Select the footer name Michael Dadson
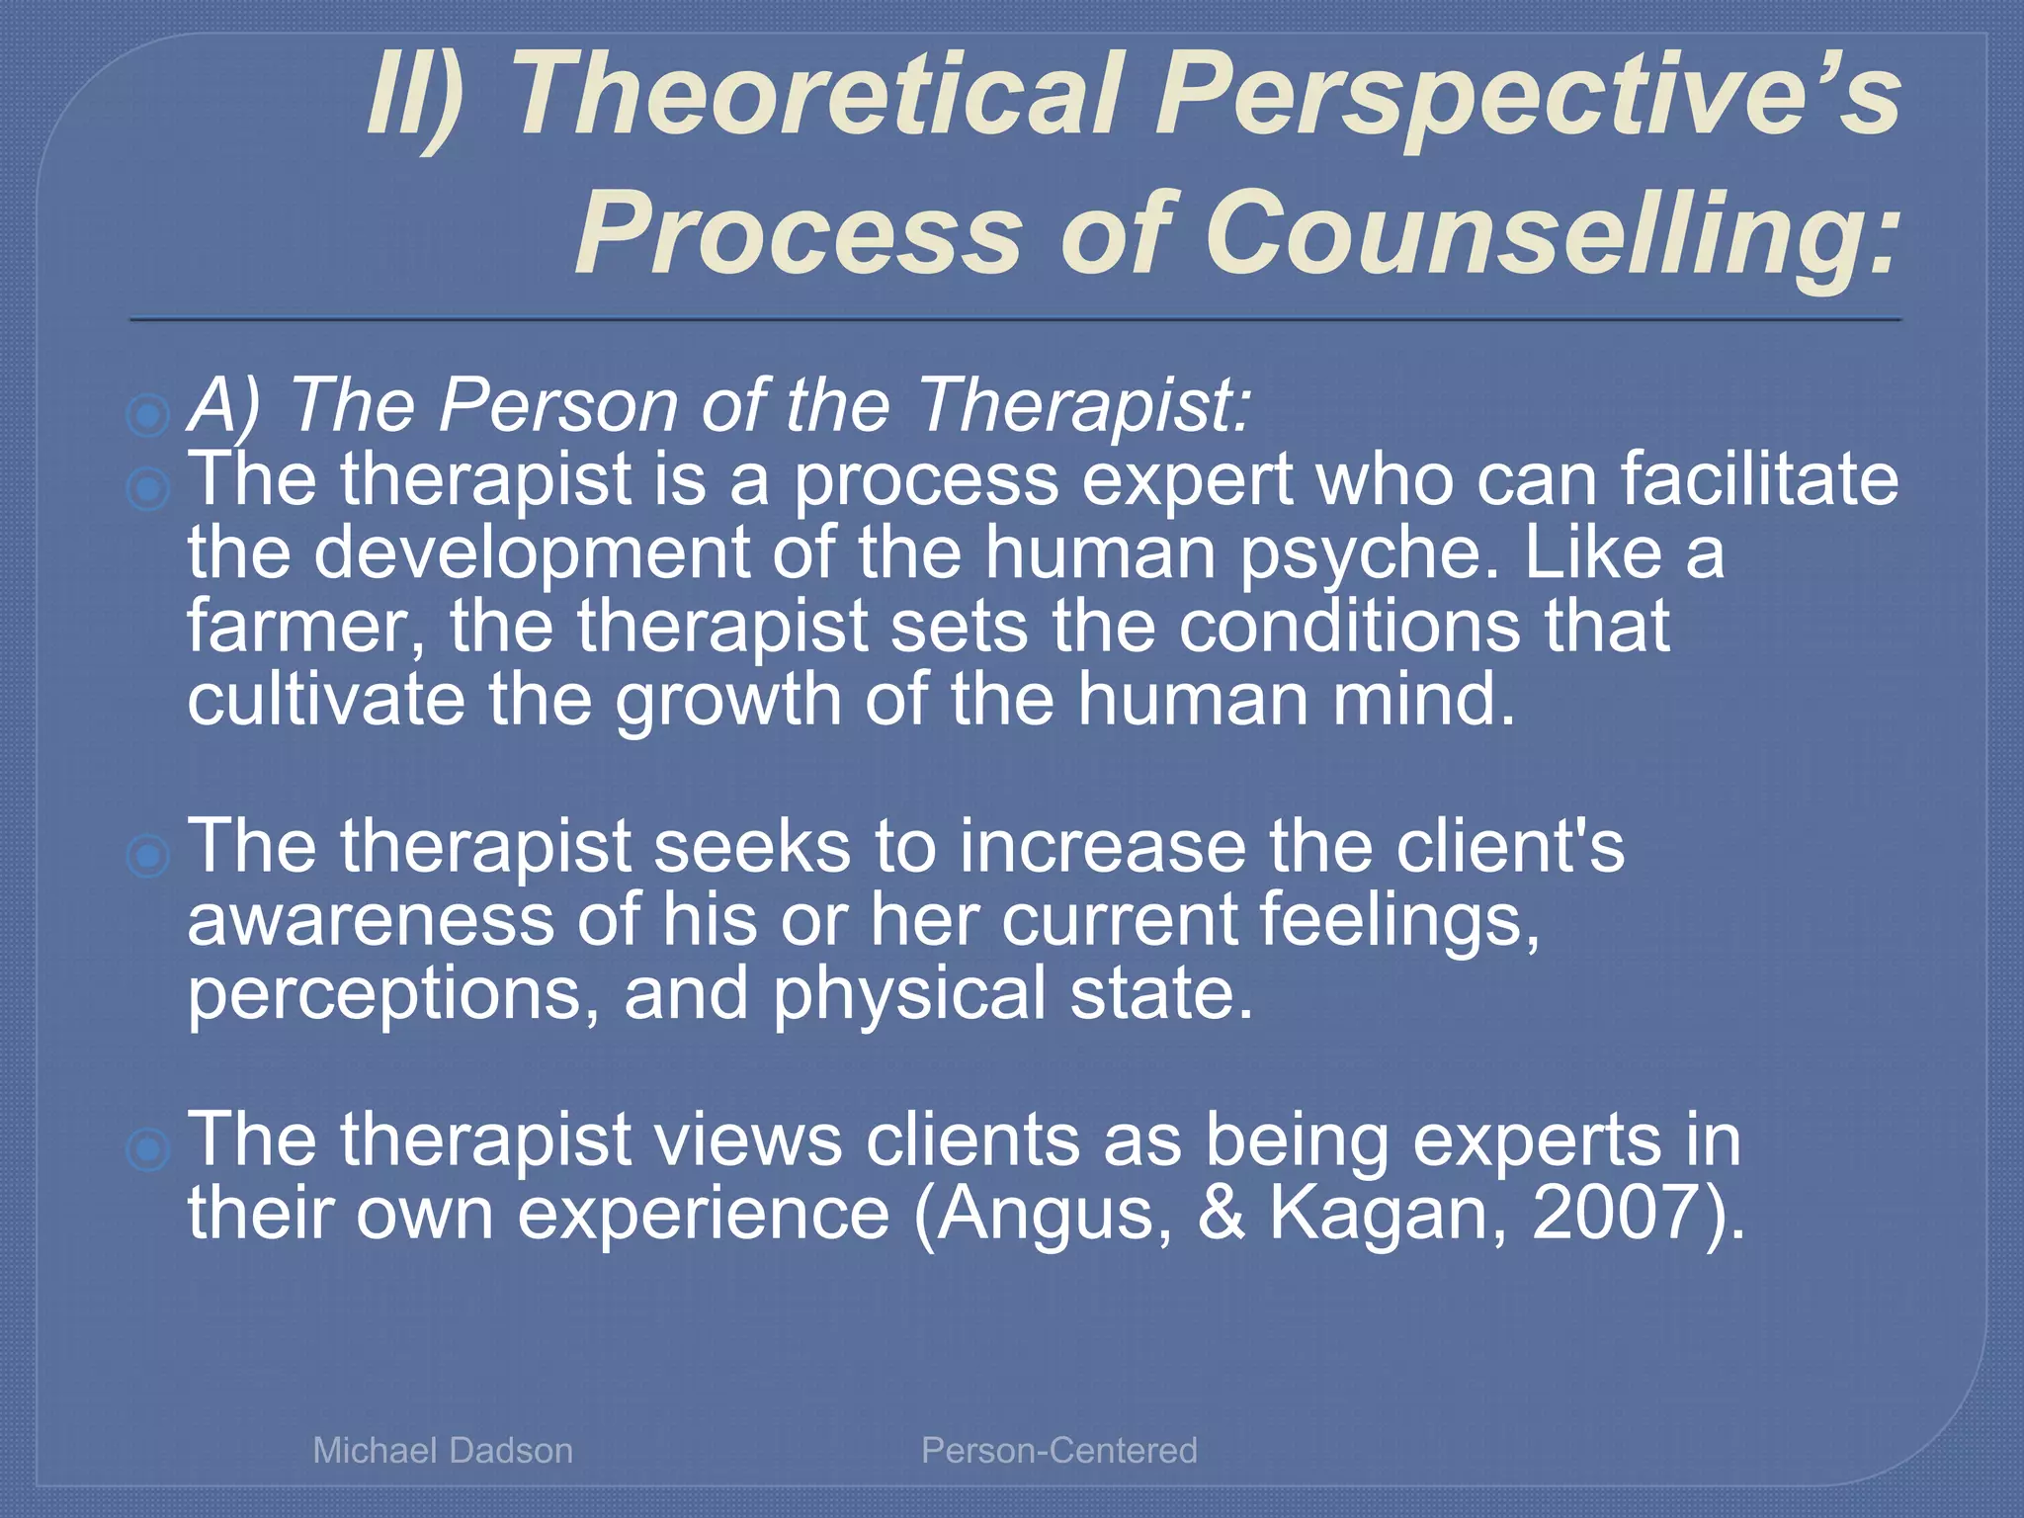443,1450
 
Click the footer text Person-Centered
1058,1450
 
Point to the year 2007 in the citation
1615,1213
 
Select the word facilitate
1758,480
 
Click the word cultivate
326,700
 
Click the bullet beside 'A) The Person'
148,415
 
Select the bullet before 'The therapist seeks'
148,855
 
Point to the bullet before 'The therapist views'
148,1148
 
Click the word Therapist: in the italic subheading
1084,405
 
